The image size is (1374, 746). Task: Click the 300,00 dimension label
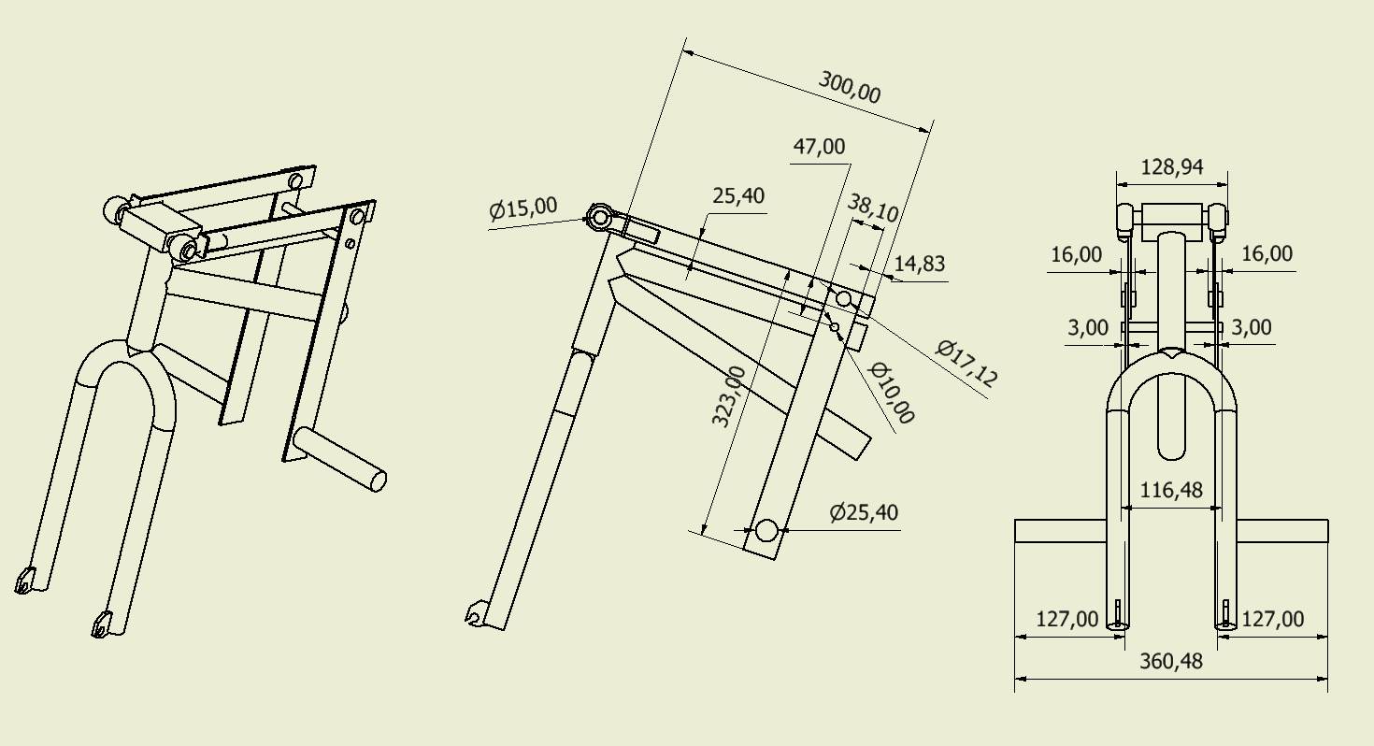850,87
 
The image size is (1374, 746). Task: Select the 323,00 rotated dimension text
729,396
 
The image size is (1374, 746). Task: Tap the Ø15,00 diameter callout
523,209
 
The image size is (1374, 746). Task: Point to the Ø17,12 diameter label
967,364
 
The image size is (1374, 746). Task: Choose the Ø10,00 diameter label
892,393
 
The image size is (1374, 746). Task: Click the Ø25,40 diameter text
864,512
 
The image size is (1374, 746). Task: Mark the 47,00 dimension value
819,146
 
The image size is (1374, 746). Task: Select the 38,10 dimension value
873,208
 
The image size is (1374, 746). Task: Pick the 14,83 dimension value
920,264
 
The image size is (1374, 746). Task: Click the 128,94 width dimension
1172,167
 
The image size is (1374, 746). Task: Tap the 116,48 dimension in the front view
1172,490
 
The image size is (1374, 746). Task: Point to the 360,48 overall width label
1172,661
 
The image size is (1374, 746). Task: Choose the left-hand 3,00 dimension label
1088,327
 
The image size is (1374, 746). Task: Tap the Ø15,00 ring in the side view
598,218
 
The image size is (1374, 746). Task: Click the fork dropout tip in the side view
474,614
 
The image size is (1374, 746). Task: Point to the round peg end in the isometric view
378,481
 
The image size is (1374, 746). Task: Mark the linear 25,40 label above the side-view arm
738,195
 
